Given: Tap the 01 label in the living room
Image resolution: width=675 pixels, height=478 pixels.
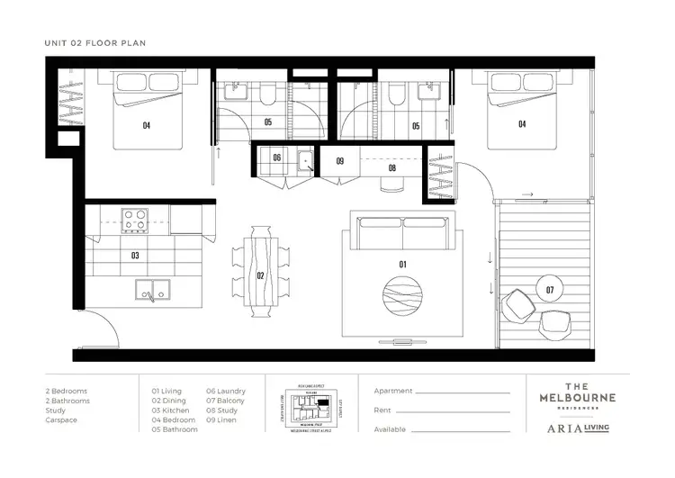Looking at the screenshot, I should (402, 264).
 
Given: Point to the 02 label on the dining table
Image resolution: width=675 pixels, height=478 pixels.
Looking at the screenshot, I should (261, 275).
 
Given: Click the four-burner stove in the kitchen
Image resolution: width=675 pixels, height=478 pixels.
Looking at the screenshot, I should (135, 219).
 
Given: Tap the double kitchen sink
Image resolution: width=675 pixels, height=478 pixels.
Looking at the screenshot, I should (152, 290).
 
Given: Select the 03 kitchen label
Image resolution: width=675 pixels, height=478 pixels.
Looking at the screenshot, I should (135, 256).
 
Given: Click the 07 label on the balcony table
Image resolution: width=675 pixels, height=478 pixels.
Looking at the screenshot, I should (549, 289).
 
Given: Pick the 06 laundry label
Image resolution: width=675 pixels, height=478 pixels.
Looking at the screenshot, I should (276, 158).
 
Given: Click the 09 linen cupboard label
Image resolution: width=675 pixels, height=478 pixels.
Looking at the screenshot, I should (340, 161).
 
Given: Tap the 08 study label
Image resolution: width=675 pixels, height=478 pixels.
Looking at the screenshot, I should (391, 167).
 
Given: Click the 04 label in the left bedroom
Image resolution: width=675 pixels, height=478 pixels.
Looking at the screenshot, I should (146, 126).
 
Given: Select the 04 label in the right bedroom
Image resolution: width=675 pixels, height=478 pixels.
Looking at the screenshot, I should (521, 124).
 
